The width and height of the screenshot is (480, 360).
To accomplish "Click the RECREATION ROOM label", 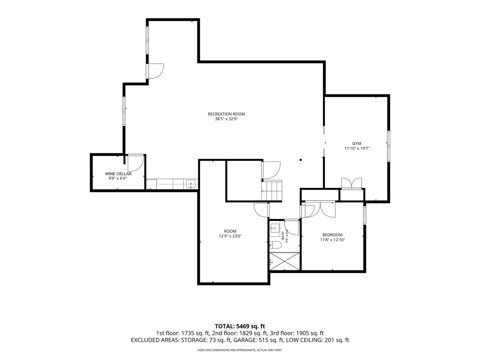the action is (226, 114).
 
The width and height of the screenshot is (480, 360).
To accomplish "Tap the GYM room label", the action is (357, 143).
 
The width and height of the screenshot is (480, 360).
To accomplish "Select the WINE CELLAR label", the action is (118, 174).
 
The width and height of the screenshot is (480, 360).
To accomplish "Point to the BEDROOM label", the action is (332, 235).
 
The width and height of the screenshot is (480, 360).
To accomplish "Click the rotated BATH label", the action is (283, 235).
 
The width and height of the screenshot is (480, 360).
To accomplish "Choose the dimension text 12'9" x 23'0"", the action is (230, 236).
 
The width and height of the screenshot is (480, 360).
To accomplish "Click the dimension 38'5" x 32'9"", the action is (226, 119).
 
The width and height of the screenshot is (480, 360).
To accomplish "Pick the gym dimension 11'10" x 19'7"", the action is (357, 148).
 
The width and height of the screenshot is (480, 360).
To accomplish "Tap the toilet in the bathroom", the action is (275, 245).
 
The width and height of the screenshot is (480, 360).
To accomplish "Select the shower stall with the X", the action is (285, 261).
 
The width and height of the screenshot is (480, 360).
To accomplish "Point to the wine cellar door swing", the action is (136, 163).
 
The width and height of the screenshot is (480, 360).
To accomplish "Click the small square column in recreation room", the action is (300, 160).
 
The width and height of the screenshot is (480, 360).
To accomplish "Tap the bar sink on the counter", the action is (191, 184).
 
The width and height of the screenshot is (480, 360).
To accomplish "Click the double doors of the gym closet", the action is (352, 183).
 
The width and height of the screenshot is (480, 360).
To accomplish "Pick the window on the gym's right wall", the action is (388, 146).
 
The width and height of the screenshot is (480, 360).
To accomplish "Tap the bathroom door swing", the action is (292, 227).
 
